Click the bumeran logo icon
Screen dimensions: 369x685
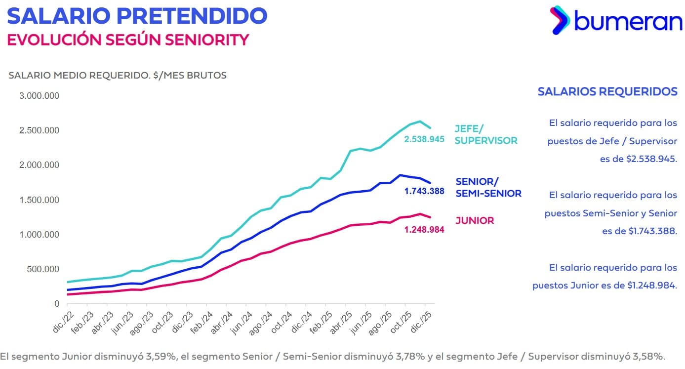click(560, 20)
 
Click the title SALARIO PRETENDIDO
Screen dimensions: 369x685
click(137, 16)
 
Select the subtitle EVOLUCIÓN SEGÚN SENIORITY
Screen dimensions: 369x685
click(127, 40)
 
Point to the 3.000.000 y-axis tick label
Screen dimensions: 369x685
click(39, 96)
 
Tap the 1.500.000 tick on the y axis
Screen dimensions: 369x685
click(39, 200)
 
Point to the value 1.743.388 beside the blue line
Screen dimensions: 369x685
click(424, 191)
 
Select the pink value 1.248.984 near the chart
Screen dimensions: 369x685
click(424, 230)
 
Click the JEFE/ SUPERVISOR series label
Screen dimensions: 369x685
click(485, 135)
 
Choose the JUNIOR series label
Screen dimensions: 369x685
click(475, 221)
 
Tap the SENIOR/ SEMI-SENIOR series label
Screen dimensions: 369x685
click(488, 188)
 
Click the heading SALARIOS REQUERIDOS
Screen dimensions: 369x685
click(607, 92)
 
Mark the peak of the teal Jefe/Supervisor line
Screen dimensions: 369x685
click(419, 121)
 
